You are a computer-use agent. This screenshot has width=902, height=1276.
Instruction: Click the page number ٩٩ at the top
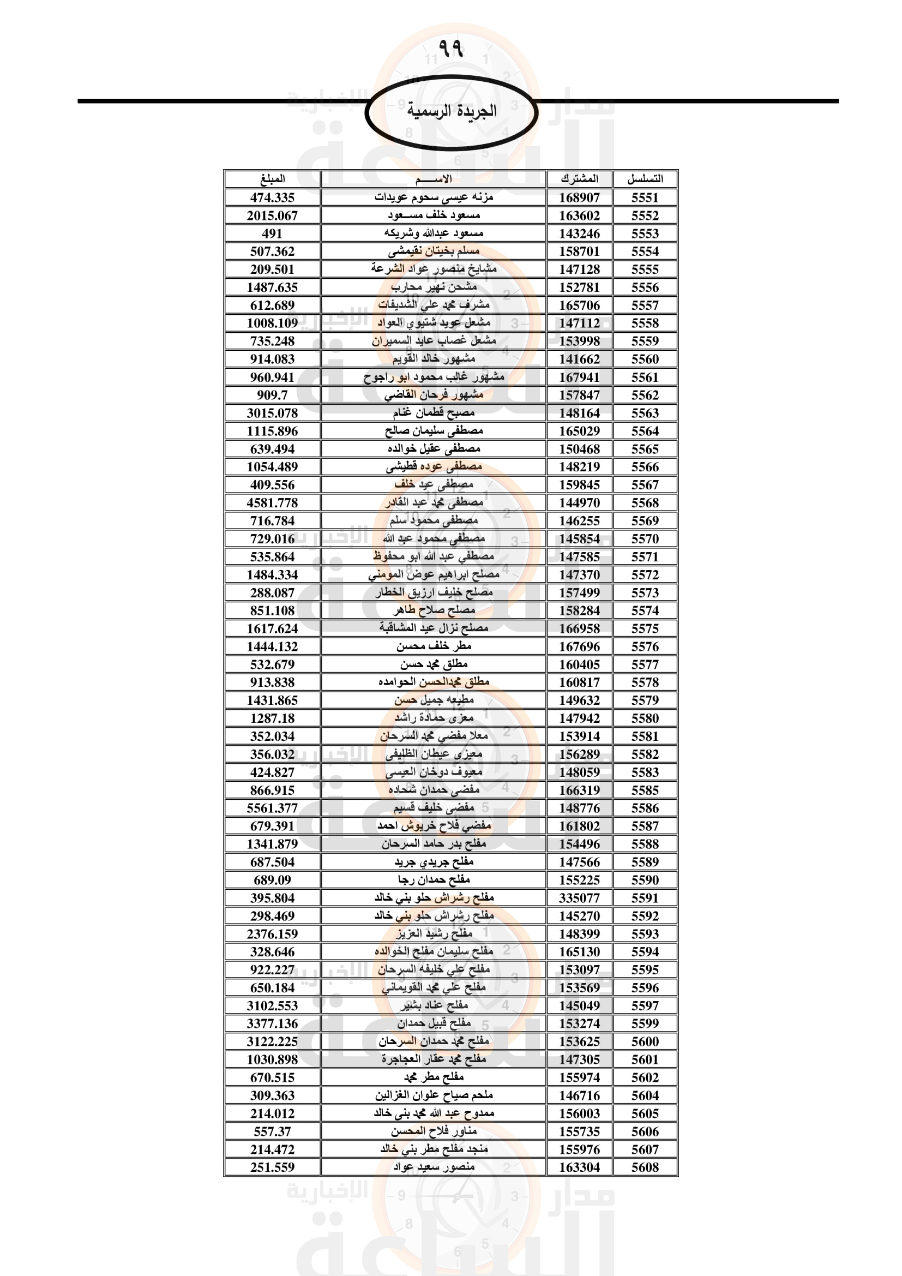point(450,48)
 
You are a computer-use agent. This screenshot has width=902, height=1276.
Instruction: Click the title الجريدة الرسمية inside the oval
point(451,111)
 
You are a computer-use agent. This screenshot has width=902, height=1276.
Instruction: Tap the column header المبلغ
point(272,179)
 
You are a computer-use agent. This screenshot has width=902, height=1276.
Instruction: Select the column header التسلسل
point(645,179)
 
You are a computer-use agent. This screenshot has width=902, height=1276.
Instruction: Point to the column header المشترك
point(579,179)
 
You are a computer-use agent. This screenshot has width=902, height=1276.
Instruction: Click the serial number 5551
point(645,197)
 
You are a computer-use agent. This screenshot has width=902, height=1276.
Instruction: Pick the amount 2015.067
point(272,215)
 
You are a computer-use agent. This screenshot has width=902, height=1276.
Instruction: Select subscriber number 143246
point(579,233)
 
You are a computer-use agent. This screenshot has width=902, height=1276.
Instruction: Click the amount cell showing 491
point(272,233)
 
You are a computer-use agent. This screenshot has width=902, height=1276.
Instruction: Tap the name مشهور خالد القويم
point(434,359)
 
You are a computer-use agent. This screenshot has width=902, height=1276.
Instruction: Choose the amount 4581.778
point(272,503)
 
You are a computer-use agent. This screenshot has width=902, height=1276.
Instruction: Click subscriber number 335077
point(579,898)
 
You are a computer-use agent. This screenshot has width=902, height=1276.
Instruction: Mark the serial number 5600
point(645,1041)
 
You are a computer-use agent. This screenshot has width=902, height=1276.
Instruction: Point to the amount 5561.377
point(272,808)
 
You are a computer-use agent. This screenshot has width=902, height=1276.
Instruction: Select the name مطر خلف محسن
point(434,646)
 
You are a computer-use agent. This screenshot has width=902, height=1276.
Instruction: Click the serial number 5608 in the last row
point(645,1167)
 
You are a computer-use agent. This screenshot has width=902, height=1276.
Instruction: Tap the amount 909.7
point(272,395)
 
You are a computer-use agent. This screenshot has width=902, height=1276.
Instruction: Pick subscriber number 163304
point(579,1167)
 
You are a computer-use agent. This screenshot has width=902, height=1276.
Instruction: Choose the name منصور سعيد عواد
point(434,1167)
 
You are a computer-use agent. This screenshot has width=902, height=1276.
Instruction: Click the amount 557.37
point(272,1131)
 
